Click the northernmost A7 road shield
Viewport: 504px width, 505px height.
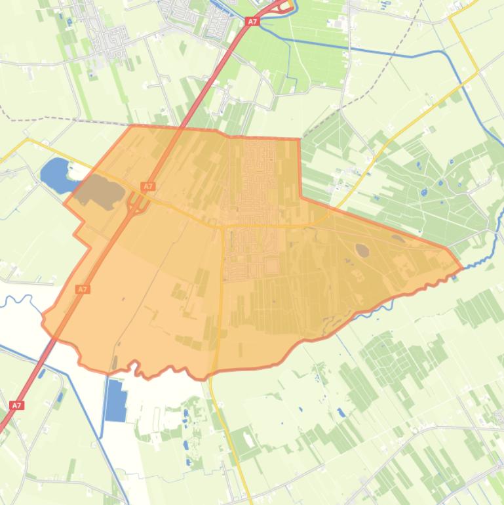[252, 22]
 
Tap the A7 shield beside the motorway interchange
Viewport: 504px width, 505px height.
[148, 187]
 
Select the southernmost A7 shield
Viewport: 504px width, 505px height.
[17, 405]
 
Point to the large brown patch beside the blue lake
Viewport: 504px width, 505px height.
[100, 191]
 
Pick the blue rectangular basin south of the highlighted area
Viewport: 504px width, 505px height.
[116, 400]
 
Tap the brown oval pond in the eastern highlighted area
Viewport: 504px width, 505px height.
[362, 250]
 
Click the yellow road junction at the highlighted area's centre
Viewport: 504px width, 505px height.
[223, 226]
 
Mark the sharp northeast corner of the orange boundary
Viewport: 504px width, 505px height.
[300, 140]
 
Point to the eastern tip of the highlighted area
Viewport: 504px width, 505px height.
[462, 268]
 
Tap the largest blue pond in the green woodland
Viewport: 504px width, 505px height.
[424, 193]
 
